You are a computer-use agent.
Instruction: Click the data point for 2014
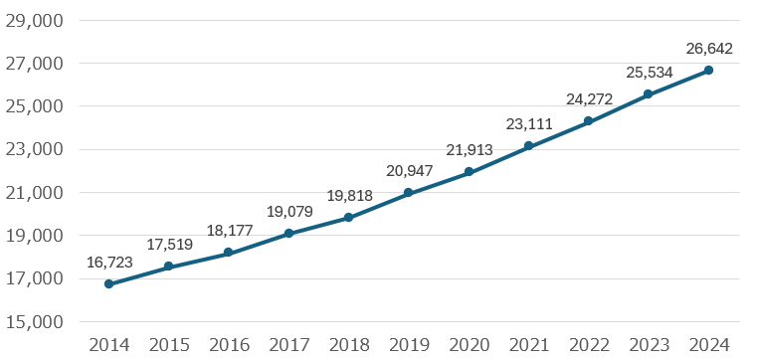click(x=109, y=283)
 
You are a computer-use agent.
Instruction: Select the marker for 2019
click(x=409, y=193)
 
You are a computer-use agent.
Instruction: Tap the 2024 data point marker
click(x=708, y=70)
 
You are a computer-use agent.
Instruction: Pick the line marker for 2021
click(x=528, y=146)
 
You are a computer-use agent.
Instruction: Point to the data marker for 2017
click(x=288, y=233)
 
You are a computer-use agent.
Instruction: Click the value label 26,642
click(x=709, y=49)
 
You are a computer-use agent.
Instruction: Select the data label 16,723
click(x=109, y=262)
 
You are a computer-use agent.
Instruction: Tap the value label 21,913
click(x=470, y=150)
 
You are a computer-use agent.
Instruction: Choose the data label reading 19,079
click(x=289, y=212)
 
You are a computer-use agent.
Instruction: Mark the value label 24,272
click(x=589, y=99)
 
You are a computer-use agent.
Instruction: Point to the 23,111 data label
click(x=529, y=124)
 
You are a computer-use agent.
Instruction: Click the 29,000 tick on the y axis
click(x=34, y=21)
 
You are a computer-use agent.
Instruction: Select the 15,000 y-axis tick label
click(x=34, y=322)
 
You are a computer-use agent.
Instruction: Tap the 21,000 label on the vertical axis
click(x=34, y=193)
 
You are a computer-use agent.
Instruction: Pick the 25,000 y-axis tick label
click(x=34, y=106)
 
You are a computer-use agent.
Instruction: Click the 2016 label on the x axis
click(x=230, y=345)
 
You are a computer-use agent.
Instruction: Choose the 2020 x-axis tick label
click(x=470, y=345)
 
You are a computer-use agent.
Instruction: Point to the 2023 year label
click(x=649, y=345)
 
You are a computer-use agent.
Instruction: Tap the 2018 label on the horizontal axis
click(x=349, y=345)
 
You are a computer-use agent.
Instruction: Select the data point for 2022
click(x=588, y=121)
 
